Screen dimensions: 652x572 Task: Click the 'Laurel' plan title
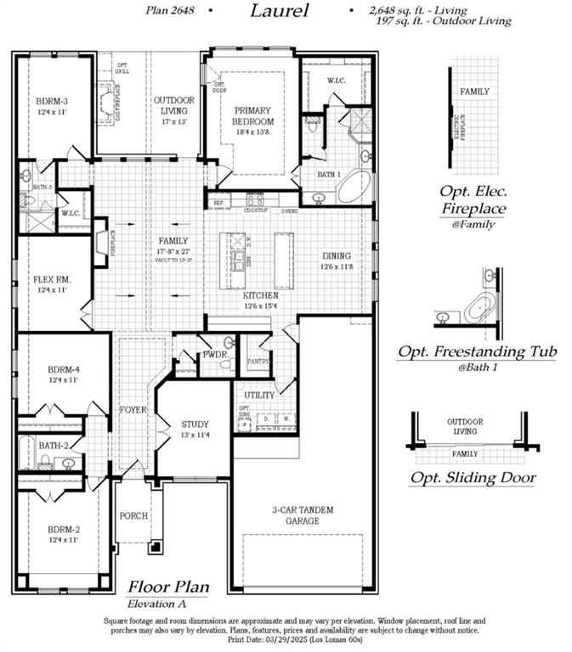click(x=280, y=12)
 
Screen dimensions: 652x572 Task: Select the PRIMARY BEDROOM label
click(x=252, y=115)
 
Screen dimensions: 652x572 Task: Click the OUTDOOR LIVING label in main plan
click(x=174, y=105)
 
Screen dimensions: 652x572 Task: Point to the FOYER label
click(x=133, y=410)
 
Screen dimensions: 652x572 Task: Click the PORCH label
click(x=133, y=515)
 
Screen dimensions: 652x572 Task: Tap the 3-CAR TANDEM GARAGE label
click(x=303, y=515)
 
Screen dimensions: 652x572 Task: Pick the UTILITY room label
click(x=258, y=395)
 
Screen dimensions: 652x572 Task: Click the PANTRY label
click(x=258, y=362)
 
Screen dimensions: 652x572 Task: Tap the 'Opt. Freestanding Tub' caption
click(x=475, y=351)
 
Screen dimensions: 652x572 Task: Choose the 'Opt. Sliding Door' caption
click(x=473, y=478)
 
